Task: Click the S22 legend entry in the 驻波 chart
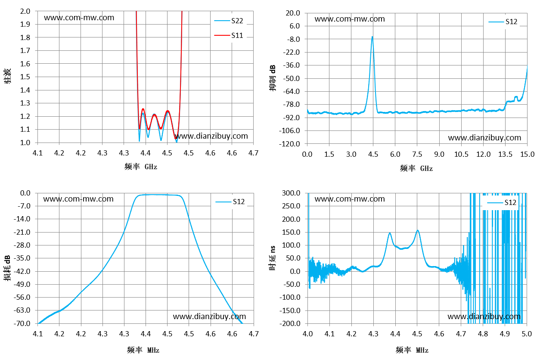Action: (229, 21)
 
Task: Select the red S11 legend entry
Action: (229, 35)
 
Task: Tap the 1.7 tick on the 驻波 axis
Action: (25, 51)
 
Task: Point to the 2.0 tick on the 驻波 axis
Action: (25, 11)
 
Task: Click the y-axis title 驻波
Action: (7, 76)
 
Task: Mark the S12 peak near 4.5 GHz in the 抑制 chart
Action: (372, 37)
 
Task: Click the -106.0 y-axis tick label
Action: (289, 130)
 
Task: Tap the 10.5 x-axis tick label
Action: (461, 154)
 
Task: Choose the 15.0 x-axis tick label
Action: (527, 154)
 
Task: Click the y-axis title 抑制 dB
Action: (273, 78)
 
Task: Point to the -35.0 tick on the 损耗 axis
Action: (22, 258)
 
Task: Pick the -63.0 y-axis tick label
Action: (22, 310)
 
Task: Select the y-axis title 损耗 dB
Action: (7, 268)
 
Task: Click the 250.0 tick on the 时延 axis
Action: (291, 206)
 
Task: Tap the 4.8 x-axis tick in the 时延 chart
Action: (483, 334)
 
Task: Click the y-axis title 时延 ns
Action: (273, 258)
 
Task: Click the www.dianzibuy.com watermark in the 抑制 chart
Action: (484, 138)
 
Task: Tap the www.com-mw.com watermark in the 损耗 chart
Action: (78, 199)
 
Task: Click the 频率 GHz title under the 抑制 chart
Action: (416, 168)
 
